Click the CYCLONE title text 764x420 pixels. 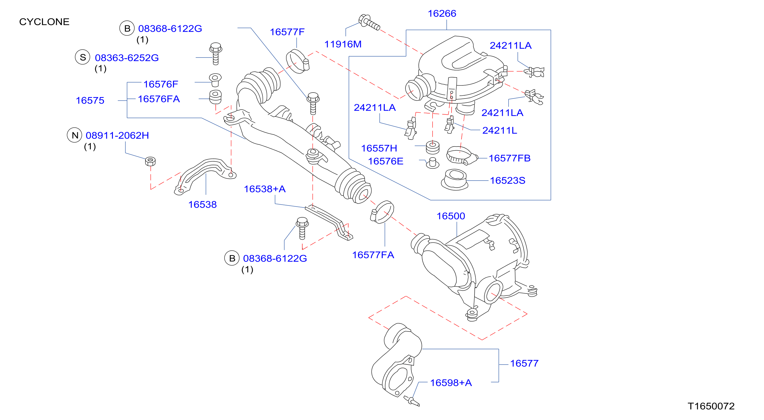(44, 22)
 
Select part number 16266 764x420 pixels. (442, 13)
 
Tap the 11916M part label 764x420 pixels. (343, 44)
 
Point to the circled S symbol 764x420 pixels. (83, 57)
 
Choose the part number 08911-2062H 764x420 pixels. (117, 135)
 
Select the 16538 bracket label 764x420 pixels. (202, 205)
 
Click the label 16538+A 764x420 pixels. (265, 189)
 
